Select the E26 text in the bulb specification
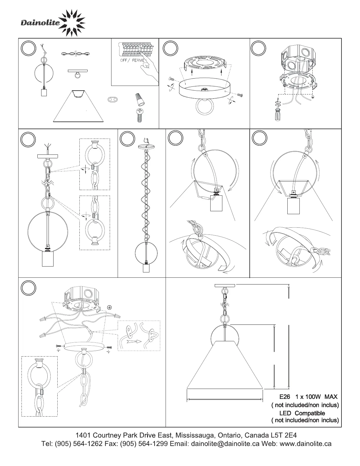point(285,397)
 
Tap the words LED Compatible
point(302,413)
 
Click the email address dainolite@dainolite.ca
point(225,444)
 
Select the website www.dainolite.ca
point(306,444)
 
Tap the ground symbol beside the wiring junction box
point(109,307)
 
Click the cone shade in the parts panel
point(78,107)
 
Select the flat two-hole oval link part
point(114,99)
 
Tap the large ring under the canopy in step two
point(203,107)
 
